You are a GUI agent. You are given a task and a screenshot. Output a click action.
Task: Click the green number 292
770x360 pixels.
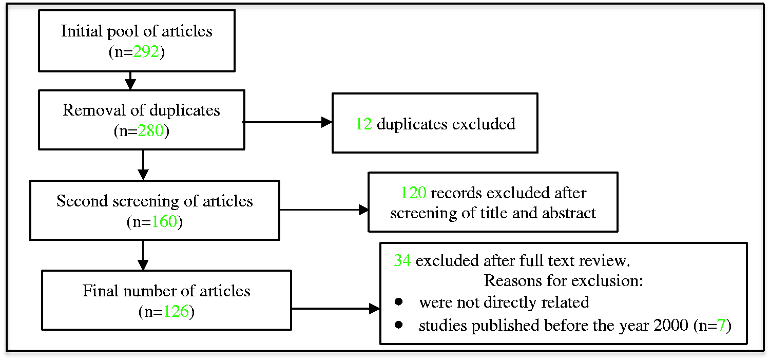(x=146, y=52)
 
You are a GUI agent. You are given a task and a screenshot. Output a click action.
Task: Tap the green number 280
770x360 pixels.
(x=151, y=130)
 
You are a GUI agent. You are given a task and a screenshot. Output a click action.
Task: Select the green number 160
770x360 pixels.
(x=164, y=221)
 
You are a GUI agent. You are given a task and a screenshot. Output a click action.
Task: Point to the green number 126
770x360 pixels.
(x=177, y=312)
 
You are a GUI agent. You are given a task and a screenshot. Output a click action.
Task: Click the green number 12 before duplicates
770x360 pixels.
(x=363, y=124)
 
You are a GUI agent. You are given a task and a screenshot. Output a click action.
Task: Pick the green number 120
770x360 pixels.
(x=414, y=193)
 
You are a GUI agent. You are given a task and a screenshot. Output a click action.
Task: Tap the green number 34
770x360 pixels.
(x=402, y=260)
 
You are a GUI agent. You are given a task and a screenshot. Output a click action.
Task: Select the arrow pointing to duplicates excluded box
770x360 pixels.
(x=287, y=122)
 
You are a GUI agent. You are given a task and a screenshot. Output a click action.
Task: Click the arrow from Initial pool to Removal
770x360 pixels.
(x=130, y=81)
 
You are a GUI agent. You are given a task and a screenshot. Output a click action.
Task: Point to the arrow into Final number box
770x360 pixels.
(x=143, y=255)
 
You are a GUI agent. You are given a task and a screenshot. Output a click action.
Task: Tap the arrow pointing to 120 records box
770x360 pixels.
(x=324, y=210)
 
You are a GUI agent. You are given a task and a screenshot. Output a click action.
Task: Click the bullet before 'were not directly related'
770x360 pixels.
(x=399, y=302)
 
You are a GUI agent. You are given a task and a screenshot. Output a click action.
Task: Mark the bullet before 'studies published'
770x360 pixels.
(x=399, y=325)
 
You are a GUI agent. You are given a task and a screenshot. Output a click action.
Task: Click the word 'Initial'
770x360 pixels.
(x=82, y=31)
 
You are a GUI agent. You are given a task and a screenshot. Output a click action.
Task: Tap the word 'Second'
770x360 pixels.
(x=82, y=201)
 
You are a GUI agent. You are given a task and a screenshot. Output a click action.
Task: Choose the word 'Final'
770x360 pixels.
(x=101, y=291)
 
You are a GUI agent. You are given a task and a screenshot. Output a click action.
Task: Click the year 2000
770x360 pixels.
(x=671, y=325)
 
